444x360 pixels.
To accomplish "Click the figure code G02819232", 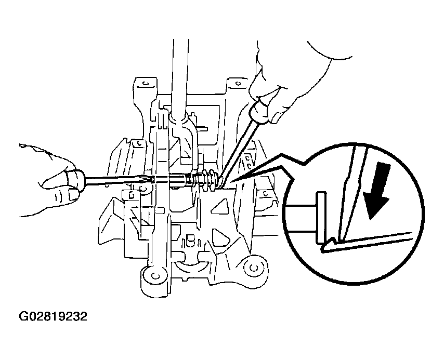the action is click(53, 316).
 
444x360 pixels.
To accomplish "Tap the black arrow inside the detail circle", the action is click(377, 191).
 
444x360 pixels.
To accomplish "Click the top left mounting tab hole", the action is click(145, 84).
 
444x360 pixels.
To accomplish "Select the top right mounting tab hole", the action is click(238, 84).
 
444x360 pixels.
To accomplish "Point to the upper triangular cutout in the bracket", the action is click(220, 207).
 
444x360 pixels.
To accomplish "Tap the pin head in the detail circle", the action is click(321, 217).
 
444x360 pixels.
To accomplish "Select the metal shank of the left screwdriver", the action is click(136, 181).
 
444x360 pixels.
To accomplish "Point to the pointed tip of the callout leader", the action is click(231, 181).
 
